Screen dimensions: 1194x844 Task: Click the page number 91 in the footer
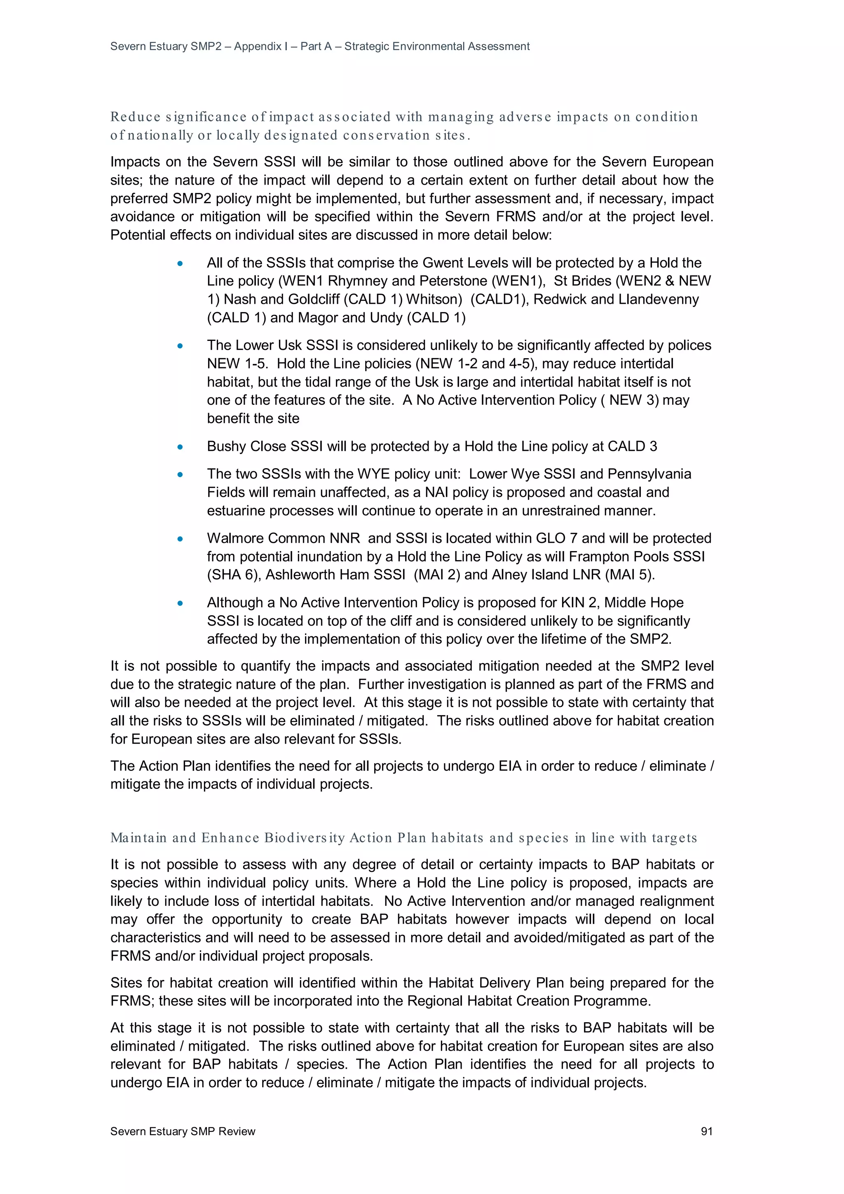click(706, 1131)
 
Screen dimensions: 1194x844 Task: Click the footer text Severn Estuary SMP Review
click(183, 1131)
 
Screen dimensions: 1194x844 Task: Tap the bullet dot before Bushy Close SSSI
click(180, 447)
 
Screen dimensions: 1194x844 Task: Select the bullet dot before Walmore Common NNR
click(180, 539)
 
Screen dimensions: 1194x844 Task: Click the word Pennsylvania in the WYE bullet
click(649, 474)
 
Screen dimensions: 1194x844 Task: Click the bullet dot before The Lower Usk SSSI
click(180, 346)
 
